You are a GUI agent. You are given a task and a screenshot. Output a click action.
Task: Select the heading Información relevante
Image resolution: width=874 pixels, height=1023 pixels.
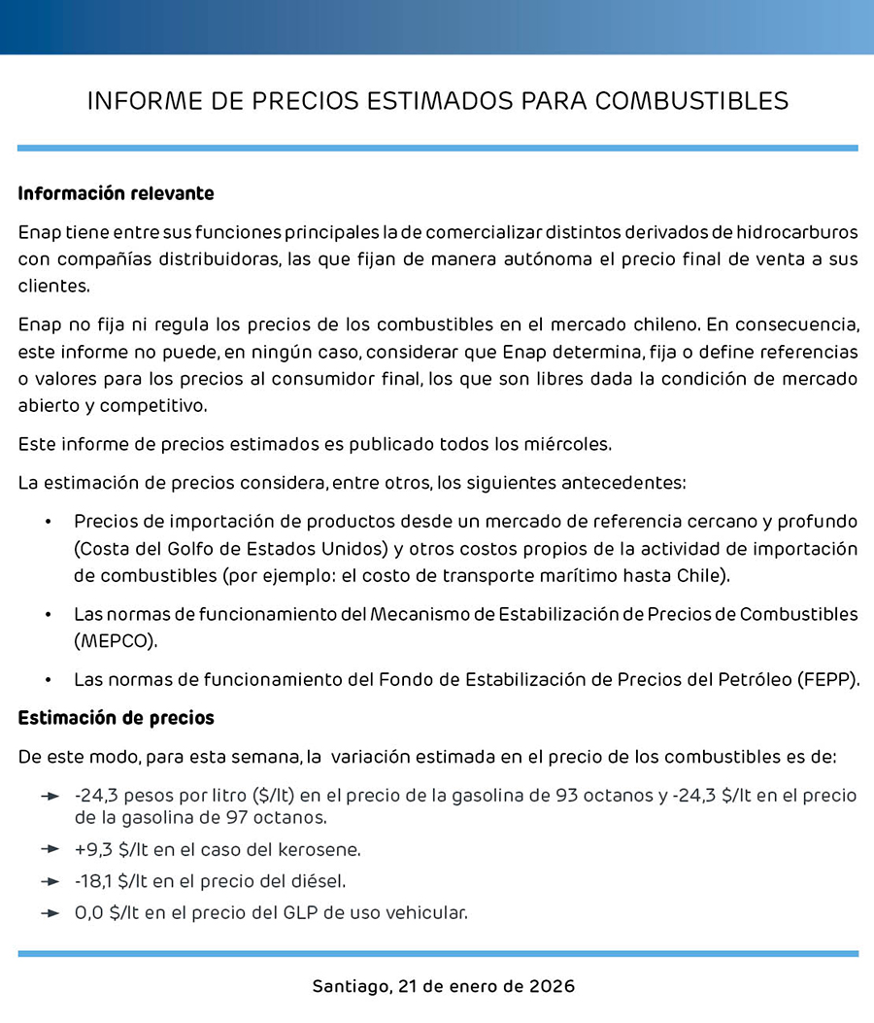(116, 193)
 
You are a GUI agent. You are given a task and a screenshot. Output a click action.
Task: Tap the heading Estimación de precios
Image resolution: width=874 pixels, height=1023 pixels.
(116, 718)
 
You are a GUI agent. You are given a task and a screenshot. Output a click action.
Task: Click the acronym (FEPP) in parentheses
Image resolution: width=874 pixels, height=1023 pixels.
(827, 679)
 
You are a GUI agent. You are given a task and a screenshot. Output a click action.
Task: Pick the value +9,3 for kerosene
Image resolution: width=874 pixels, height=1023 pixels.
(93, 850)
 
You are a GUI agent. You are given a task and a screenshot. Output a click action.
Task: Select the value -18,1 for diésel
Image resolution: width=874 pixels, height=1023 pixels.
(93, 881)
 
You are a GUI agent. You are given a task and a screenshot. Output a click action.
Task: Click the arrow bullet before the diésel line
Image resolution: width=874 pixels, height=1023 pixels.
(50, 881)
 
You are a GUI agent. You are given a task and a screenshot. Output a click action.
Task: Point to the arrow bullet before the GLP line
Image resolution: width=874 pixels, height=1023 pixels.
(50, 912)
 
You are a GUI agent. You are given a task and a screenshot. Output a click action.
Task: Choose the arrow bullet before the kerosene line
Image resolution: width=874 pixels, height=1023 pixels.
(50, 850)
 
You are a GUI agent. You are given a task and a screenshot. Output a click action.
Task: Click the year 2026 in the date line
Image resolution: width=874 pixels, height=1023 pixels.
(552, 986)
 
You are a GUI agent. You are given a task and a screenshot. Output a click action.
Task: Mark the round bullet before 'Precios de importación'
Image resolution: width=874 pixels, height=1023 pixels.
(48, 522)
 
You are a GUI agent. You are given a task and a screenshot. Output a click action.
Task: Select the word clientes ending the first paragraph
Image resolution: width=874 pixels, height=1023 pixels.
(53, 287)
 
